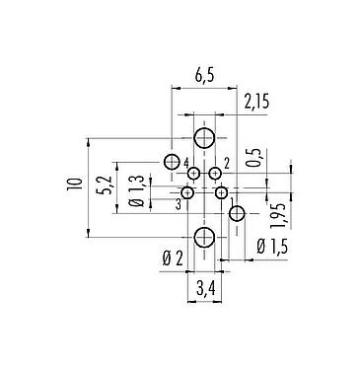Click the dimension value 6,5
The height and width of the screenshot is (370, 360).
[x=204, y=75]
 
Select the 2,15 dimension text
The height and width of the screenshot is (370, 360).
[x=256, y=101]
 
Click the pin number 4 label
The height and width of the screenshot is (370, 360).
[x=186, y=162]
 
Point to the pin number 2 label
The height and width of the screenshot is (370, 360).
[x=226, y=162]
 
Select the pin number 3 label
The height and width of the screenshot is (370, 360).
[x=178, y=204]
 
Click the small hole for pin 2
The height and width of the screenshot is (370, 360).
[x=215, y=175]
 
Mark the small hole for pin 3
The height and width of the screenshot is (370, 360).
[x=187, y=192]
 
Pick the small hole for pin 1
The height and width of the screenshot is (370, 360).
[x=222, y=192]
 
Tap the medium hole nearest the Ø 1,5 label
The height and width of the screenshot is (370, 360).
[x=237, y=214]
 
